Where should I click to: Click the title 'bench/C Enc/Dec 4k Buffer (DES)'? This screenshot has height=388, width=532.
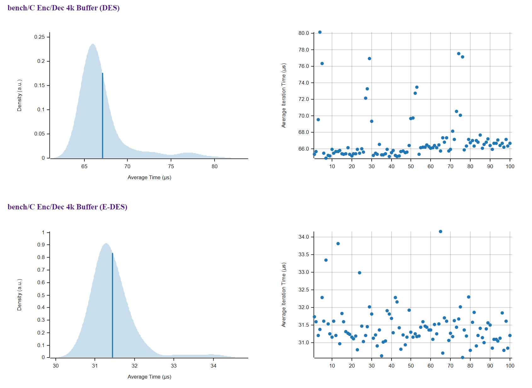tap(63, 8)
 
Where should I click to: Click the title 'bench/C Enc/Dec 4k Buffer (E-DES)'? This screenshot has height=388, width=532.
tap(67, 207)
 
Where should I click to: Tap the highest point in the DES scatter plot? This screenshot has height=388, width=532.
tap(320, 32)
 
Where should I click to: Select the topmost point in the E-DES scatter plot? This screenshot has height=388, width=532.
tap(440, 231)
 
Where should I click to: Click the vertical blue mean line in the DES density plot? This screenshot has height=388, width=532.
tap(102, 116)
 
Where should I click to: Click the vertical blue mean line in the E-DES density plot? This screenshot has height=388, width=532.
tap(112, 305)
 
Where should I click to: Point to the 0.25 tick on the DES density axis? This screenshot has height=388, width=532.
tap(40, 37)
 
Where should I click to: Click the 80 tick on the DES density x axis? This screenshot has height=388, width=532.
tap(215, 166)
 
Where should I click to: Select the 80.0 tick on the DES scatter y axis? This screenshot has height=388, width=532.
tap(304, 33)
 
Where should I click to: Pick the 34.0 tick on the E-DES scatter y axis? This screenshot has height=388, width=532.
tap(304, 237)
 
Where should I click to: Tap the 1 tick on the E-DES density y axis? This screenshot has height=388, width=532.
tap(43, 232)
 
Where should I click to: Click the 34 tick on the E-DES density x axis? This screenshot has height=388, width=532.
tap(214, 366)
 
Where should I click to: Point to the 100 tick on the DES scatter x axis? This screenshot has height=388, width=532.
tap(510, 166)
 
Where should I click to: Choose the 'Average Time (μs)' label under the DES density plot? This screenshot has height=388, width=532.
tap(149, 177)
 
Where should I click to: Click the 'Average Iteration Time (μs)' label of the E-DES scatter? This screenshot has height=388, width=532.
tap(284, 295)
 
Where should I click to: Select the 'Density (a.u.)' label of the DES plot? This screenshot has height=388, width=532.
tap(20, 95)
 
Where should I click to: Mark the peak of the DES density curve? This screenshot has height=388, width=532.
tap(93, 44)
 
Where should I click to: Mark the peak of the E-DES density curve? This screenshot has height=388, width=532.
tap(106, 243)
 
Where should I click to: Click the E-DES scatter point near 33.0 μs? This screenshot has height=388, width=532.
tap(359, 273)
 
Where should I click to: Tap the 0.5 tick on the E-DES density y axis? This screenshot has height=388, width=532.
tap(41, 295)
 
